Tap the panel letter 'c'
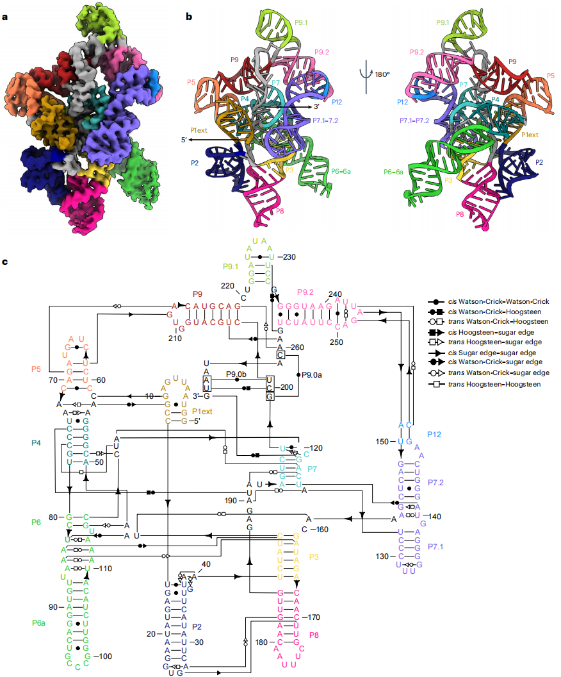point(5,262)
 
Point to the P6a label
point(40,623)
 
